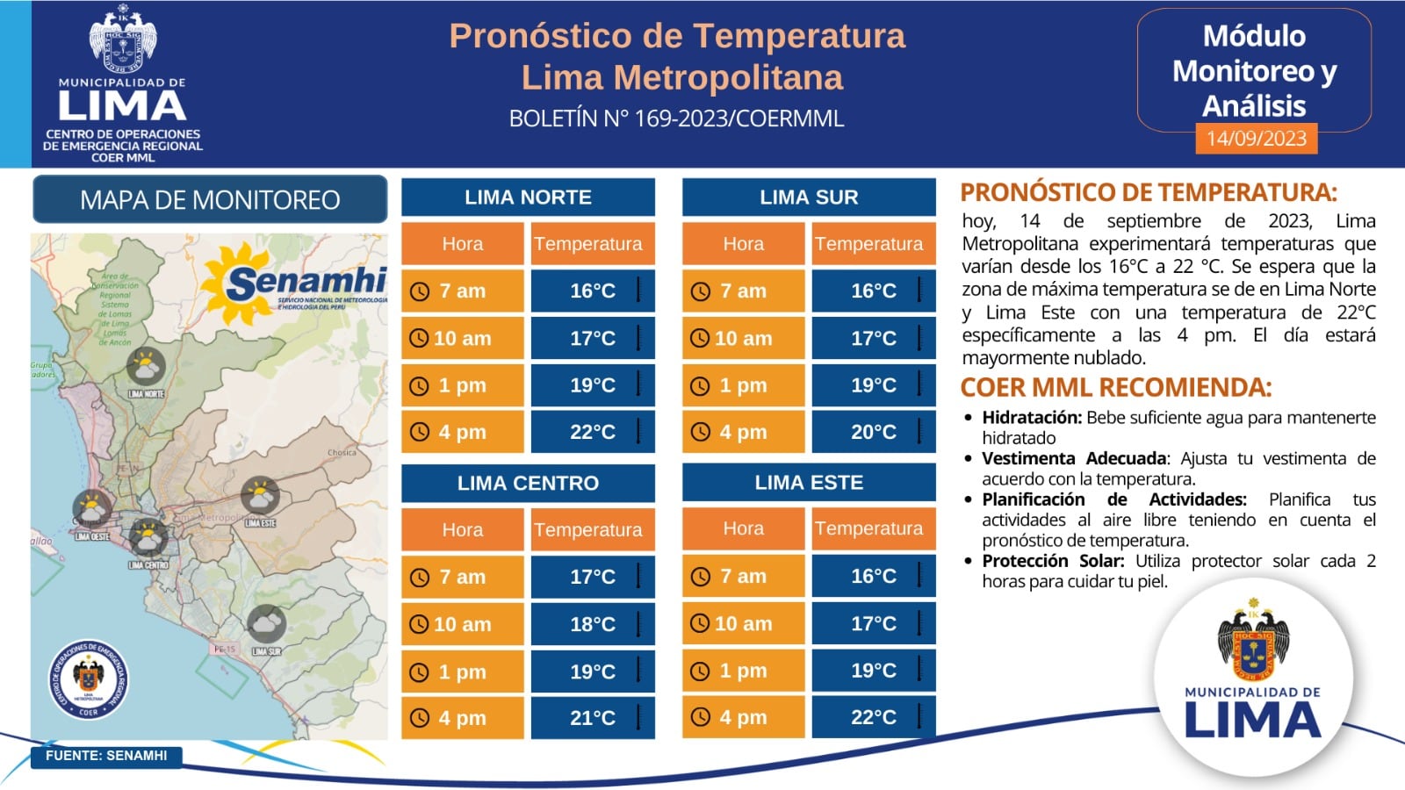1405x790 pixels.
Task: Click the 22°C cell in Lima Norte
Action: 593,432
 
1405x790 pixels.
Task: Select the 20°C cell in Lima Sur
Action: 874,432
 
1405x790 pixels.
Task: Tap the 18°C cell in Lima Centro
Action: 593,624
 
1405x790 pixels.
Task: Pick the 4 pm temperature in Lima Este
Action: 874,717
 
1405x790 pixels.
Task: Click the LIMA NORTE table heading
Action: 528,197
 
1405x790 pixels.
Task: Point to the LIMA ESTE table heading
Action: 809,483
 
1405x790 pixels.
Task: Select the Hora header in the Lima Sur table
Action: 743,244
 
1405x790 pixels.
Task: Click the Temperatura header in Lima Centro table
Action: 588,530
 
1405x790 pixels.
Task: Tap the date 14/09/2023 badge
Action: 1256,139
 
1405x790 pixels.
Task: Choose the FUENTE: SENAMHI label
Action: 106,756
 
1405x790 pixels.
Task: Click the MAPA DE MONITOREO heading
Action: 210,200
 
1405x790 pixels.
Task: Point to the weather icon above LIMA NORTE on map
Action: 146,368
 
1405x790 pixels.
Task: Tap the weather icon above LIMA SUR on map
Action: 266,624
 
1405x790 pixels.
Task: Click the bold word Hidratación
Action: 1031,418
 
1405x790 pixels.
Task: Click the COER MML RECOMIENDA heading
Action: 1115,387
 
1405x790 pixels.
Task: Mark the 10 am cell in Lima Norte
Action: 463,338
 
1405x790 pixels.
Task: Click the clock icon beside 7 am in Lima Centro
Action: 420,578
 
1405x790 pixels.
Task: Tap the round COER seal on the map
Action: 88,679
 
